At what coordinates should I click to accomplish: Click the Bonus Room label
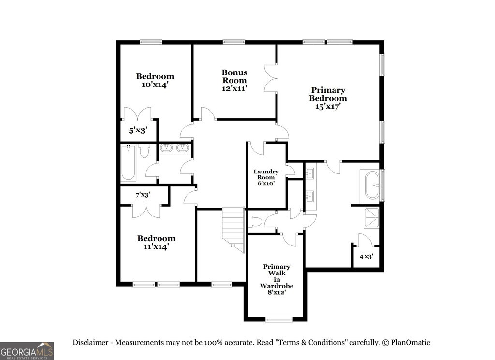234,80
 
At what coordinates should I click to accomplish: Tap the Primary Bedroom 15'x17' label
328,99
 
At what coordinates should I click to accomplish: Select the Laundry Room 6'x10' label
266,177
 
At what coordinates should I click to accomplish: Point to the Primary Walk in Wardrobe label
277,279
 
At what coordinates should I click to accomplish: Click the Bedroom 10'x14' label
155,80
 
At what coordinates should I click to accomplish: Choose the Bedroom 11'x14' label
156,242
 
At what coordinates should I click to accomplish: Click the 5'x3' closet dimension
137,130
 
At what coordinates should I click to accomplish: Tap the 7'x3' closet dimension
142,195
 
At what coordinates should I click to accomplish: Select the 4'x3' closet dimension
366,257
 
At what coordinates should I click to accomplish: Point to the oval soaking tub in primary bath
373,185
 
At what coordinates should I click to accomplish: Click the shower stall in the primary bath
372,217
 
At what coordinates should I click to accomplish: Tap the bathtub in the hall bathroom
128,163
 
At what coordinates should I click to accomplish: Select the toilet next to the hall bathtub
145,150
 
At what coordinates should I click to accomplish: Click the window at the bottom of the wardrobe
279,319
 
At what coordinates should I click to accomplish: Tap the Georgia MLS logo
27,351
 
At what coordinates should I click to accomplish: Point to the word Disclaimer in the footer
91,343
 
